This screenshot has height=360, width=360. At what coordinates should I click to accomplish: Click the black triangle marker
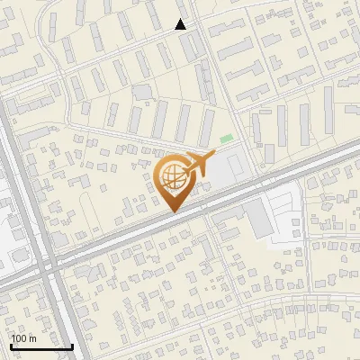(181, 24)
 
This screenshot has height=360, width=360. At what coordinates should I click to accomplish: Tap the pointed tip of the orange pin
(172, 212)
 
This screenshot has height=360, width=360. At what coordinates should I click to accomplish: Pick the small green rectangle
(226, 139)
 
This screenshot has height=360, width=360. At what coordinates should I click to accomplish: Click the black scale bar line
(41, 346)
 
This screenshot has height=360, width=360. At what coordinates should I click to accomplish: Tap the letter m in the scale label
(32, 338)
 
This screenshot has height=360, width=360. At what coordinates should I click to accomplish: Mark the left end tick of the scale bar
(11, 345)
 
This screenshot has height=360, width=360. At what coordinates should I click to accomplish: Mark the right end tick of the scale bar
(72, 345)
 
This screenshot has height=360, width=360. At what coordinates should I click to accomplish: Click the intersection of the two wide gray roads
(49, 265)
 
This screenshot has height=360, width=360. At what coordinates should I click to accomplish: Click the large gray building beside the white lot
(259, 219)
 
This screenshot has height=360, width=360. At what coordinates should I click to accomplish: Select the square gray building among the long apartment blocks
(143, 92)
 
